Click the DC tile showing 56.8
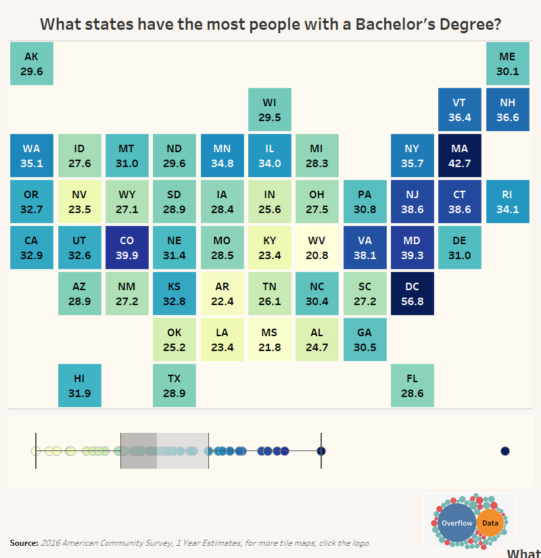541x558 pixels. [x=412, y=294]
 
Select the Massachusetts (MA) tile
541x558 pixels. [x=459, y=156]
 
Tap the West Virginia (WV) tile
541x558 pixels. [x=316, y=248]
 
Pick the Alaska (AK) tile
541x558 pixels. [x=32, y=64]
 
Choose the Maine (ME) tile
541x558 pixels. [x=508, y=64]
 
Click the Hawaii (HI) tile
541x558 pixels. [x=80, y=386]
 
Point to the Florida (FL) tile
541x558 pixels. [x=412, y=386]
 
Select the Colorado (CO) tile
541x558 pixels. [x=127, y=248]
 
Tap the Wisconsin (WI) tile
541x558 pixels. [x=269, y=110]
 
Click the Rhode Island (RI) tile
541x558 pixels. [x=508, y=202]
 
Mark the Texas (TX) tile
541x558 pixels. [x=174, y=386]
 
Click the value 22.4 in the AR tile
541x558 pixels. [x=222, y=302]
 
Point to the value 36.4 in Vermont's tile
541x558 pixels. [x=459, y=118]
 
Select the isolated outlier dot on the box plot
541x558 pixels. [x=505, y=451]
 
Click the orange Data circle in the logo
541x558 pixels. [x=490, y=523]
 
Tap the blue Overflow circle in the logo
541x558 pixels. [x=457, y=523]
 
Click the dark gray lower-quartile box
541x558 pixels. [x=139, y=451]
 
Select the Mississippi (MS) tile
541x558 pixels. [x=269, y=340]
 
